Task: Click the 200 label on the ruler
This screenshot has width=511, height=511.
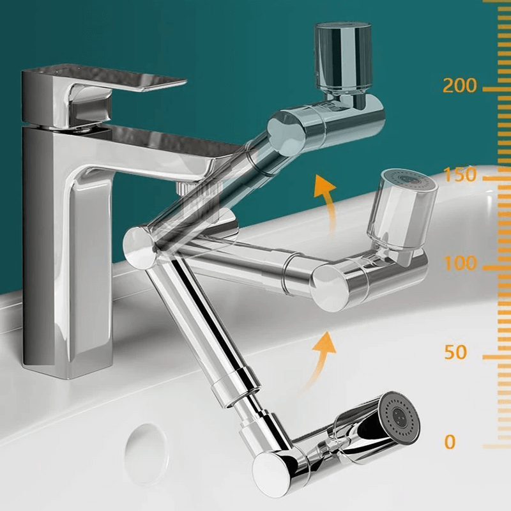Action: [459, 86]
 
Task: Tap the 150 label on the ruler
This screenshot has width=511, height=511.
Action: [460, 174]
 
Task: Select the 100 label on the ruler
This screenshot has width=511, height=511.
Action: [460, 263]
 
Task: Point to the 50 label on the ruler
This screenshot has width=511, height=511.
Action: [455, 353]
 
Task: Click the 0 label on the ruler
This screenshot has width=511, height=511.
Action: [450, 442]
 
